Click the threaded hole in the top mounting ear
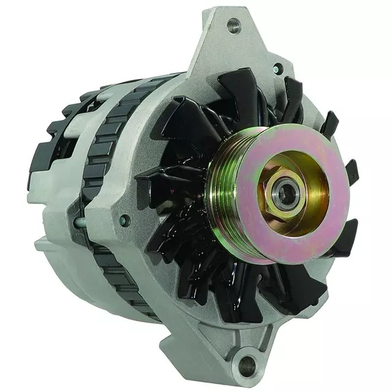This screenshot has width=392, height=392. coord(233,26)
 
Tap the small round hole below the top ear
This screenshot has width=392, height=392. coord(278,69)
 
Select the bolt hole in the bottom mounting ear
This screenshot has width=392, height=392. coord(247,365)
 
